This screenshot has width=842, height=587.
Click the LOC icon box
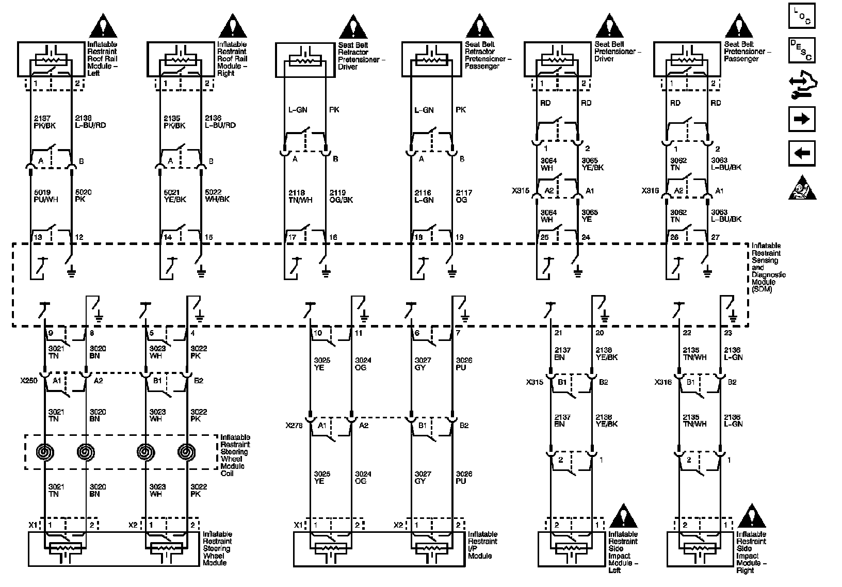pyautogui.click(x=802, y=15)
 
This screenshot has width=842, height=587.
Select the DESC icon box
pyautogui.click(x=802, y=50)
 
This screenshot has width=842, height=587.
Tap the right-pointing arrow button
pyautogui.click(x=802, y=119)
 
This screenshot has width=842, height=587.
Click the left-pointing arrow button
pyautogui.click(x=802, y=153)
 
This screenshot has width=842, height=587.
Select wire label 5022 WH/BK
pyautogui.click(x=217, y=196)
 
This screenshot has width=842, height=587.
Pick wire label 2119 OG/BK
pyautogui.click(x=341, y=196)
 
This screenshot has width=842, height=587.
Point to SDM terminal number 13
pyautogui.click(x=38, y=237)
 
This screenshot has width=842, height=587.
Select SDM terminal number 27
pyautogui.click(x=715, y=237)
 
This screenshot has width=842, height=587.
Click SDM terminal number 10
pyautogui.click(x=318, y=333)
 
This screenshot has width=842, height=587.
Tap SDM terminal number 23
pyautogui.click(x=727, y=333)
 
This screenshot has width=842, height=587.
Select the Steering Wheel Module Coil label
pyautogui.click(x=235, y=455)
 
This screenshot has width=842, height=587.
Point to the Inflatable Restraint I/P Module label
pyautogui.click(x=482, y=545)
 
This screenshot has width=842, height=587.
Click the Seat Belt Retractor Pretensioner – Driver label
pyautogui.click(x=361, y=56)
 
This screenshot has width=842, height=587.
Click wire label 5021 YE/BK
pyautogui.click(x=172, y=196)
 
